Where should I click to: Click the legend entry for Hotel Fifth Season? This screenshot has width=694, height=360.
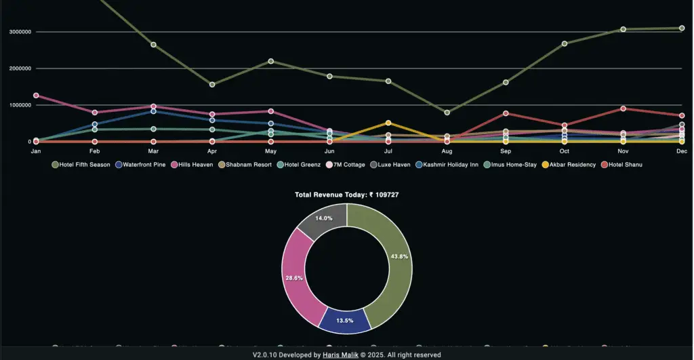[x=81, y=165]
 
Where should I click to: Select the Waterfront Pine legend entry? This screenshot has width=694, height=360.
[x=141, y=165]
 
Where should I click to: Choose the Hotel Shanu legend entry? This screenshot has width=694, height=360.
[x=621, y=165]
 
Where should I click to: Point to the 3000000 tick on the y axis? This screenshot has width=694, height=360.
[x=22, y=32]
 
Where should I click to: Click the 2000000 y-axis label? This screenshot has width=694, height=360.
[x=22, y=68]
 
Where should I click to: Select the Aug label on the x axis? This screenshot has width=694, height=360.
[x=447, y=151]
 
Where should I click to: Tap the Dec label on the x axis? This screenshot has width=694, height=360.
[x=682, y=151]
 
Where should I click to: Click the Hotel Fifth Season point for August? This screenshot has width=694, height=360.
[x=447, y=113]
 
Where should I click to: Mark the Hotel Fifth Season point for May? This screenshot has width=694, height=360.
[x=271, y=61]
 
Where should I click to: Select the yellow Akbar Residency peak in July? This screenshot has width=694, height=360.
[x=388, y=123]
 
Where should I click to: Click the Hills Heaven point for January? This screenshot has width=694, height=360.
[x=36, y=96]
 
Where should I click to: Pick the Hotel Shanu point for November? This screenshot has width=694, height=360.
[x=623, y=108]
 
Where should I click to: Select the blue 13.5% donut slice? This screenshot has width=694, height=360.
[x=345, y=320]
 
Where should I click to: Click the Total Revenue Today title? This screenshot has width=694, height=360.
[x=351, y=195]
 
